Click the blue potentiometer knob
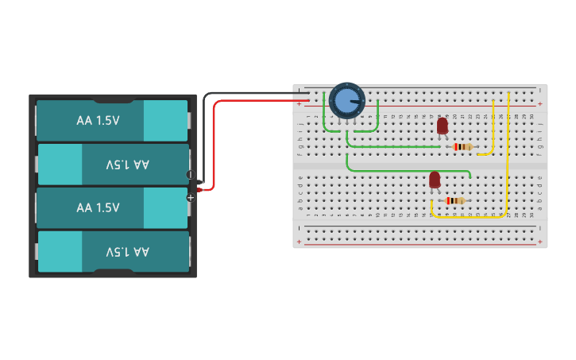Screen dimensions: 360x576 [346, 101]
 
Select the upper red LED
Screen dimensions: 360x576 [443, 126]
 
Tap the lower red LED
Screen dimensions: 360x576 [435, 180]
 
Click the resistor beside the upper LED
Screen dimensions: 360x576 [462, 146]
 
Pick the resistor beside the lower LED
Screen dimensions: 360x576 [455, 201]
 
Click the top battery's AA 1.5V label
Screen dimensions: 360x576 [98, 121]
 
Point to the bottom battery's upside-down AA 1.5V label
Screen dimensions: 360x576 [127, 251]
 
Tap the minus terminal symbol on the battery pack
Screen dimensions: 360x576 [190, 175]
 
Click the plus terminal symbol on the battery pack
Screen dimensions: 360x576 [190, 197]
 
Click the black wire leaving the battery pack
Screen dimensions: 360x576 [204, 127]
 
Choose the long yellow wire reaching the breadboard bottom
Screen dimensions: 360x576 [508, 159]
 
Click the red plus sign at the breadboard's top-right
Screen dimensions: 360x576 [540, 103]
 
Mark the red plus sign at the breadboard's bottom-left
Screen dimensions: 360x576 [300, 242]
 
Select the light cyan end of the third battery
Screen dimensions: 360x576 [165, 207]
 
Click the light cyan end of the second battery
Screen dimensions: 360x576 [60, 165]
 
